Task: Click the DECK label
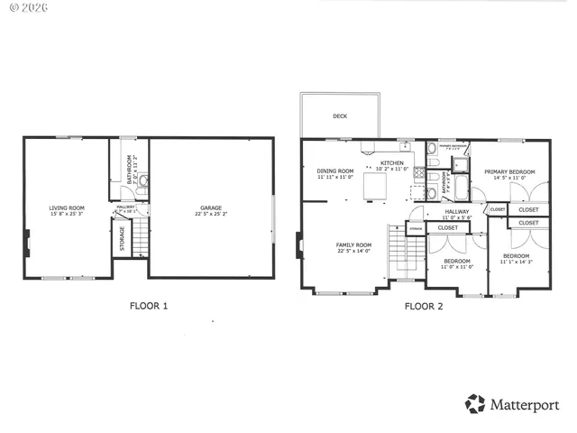coord(340,116)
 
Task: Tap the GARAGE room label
coord(210,207)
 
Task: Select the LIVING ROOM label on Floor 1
coord(66,207)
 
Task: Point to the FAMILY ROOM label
coord(353,244)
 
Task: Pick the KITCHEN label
coord(391,163)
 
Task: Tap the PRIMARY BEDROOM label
coord(509,171)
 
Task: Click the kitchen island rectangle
coord(375,186)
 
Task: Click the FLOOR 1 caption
coord(149,306)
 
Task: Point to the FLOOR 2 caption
coord(424,306)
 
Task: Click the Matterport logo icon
coord(474,404)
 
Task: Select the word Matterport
coord(524,405)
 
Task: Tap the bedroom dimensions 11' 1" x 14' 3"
coord(517,262)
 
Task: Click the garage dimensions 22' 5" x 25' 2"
coord(210,214)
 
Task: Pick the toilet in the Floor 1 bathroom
coord(142,180)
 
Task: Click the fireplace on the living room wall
coord(26,241)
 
